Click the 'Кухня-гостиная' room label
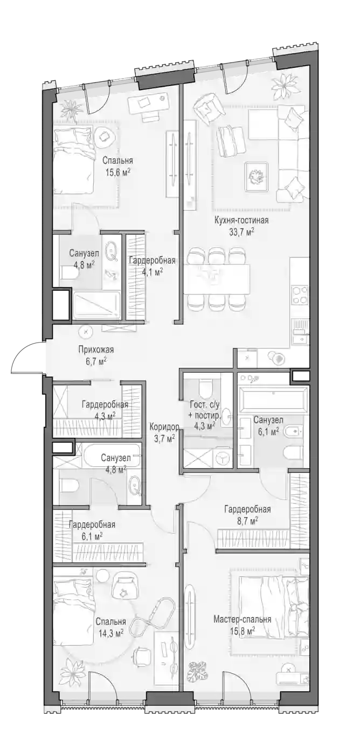pyautogui.click(x=241, y=221)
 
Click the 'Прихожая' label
pyautogui.click(x=96, y=350)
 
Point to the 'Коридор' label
pyautogui.click(x=164, y=427)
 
